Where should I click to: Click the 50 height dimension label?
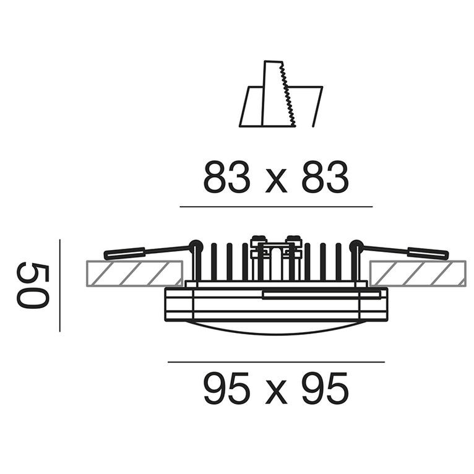32,285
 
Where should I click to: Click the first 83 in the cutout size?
226,177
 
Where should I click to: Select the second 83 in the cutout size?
325,177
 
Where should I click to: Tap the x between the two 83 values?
276,181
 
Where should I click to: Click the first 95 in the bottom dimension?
226,389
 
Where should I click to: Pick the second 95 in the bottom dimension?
325,389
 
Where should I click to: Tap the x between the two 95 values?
276,393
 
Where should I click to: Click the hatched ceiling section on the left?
134,274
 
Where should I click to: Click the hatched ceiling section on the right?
418,274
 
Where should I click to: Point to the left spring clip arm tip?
105,256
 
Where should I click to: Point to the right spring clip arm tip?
447,256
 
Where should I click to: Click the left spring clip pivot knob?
196,245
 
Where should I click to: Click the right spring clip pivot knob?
356,245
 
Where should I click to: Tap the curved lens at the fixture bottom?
276,329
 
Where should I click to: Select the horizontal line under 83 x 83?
276,207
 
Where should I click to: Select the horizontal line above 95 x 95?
276,362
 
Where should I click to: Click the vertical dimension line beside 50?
60,286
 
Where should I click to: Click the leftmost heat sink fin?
214,262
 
